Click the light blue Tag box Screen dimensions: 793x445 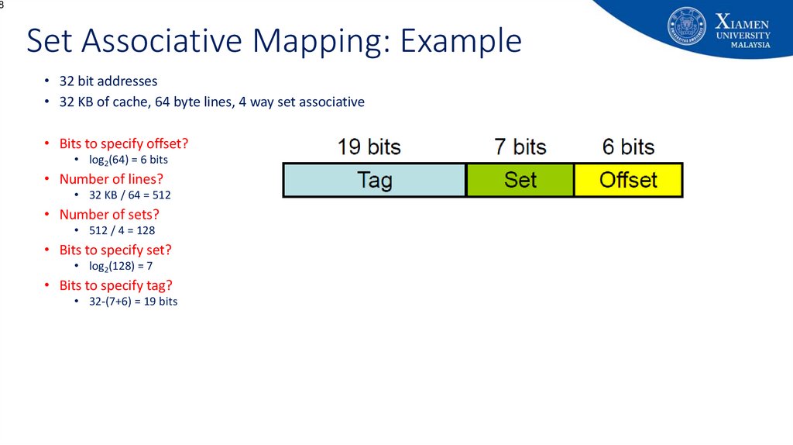pyautogui.click(x=374, y=180)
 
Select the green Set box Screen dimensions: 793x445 pyautogui.click(x=520, y=180)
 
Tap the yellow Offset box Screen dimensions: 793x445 pyautogui.click(x=628, y=180)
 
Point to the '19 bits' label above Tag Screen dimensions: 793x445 pyautogui.click(x=369, y=147)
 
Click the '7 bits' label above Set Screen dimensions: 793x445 pyautogui.click(x=520, y=147)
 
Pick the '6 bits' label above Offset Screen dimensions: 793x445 pyautogui.click(x=628, y=147)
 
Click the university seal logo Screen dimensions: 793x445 pyautogui.click(x=686, y=26)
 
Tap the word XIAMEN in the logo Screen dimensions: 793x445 pyautogui.click(x=742, y=22)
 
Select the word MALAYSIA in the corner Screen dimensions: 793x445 pyautogui.click(x=750, y=45)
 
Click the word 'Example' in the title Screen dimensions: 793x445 pyautogui.click(x=461, y=40)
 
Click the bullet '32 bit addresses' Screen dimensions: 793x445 pyautogui.click(x=108, y=81)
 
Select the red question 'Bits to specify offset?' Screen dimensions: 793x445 pyautogui.click(x=123, y=143)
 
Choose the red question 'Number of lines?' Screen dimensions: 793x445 pyautogui.click(x=112, y=179)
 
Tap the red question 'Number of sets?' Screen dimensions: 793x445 pyautogui.click(x=109, y=214)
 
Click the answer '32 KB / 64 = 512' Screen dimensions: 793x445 pyautogui.click(x=130, y=195)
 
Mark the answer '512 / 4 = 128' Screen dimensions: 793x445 pyautogui.click(x=122, y=230)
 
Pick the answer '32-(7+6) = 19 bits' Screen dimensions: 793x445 pyautogui.click(x=133, y=302)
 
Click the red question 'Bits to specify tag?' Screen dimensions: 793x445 pyautogui.click(x=116, y=285)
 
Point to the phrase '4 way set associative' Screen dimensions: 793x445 pyautogui.click(x=301, y=102)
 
